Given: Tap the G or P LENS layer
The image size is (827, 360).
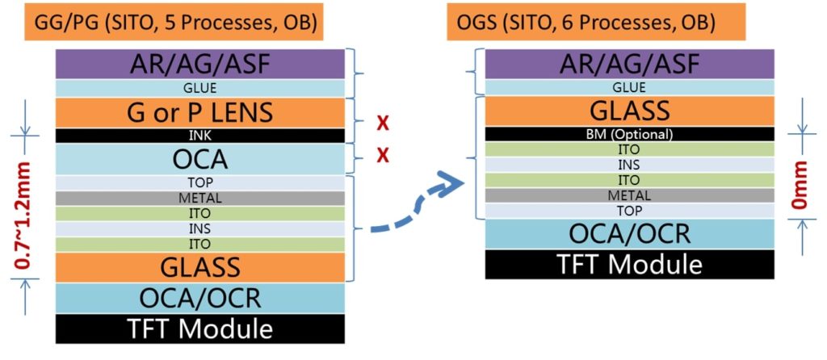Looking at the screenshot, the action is point(200,112).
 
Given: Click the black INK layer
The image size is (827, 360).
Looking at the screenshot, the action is point(200,136).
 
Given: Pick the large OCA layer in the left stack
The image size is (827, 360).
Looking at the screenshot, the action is point(200,159).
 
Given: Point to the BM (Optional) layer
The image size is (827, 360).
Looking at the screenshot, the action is point(630,134).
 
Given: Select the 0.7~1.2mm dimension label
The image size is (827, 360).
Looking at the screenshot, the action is point(21,215).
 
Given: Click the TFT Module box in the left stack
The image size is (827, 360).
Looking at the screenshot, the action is point(200,329).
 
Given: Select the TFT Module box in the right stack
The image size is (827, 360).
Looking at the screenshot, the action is point(630,264).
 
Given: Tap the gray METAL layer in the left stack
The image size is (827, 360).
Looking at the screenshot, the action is point(200,199).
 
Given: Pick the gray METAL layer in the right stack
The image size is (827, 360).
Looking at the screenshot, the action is point(630,195).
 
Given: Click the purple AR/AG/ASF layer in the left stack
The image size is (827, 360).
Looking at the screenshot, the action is point(200,65).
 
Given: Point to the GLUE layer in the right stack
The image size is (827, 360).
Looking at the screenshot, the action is point(630,87).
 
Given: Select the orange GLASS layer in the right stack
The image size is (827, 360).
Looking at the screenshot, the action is point(630,111).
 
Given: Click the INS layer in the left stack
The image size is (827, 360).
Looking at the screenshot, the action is point(200,229).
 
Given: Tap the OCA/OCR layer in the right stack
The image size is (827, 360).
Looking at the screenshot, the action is point(630,234).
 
